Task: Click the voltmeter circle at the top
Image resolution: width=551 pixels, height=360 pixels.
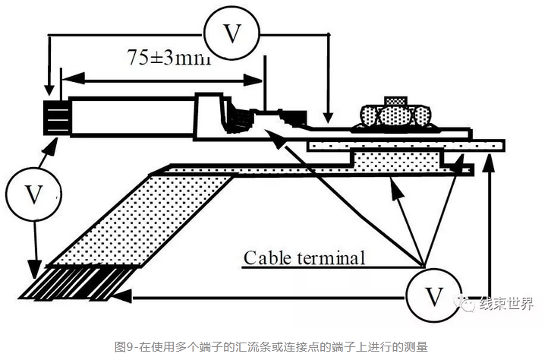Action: [232, 33]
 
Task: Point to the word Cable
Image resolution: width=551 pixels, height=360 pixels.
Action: [269, 257]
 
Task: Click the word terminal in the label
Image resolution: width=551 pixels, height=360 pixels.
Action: [331, 257]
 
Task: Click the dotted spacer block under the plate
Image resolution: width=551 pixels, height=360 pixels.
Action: [397, 160]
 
